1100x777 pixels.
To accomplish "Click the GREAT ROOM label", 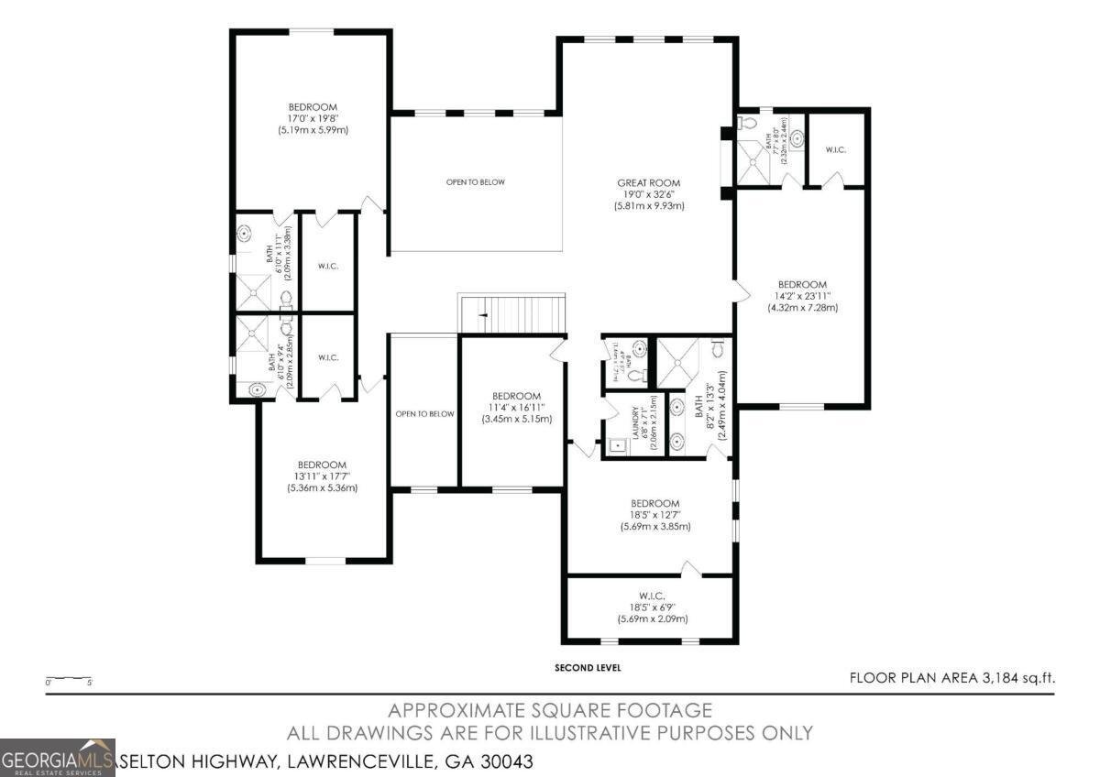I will point(649,194).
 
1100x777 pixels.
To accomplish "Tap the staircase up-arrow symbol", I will point(485,314).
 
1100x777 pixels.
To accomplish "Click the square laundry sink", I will point(616,447).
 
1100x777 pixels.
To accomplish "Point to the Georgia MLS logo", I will point(58,758).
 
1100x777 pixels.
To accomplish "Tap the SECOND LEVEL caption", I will point(588,668).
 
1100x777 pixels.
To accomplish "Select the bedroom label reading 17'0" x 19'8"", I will point(313,118).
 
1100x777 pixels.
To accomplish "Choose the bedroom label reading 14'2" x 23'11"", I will point(802,296).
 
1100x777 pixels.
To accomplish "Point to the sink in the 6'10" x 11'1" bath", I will point(245,235).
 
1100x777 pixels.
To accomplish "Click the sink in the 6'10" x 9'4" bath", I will point(258,390).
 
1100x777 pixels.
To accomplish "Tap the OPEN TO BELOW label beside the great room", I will point(475,182).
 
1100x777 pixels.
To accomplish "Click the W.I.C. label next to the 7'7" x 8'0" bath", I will point(835,148).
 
